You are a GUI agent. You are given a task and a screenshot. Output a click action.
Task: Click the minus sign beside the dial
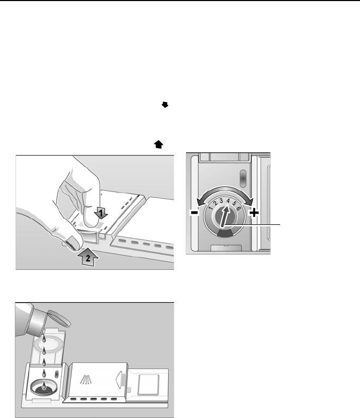click(x=195, y=213)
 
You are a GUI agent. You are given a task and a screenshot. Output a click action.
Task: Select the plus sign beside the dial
click(x=254, y=213)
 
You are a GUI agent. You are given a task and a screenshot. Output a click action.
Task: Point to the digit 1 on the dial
click(x=211, y=207)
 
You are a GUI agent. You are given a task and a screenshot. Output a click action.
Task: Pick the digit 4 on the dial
click(x=228, y=201)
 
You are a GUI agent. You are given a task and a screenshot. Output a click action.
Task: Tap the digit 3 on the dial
click(x=221, y=201)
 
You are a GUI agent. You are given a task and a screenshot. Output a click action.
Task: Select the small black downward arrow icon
click(x=165, y=105)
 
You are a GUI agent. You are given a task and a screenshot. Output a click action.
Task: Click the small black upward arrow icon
click(x=159, y=144)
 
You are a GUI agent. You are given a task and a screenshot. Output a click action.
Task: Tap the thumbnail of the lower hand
click(x=73, y=243)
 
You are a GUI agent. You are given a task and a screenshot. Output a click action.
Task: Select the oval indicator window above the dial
click(x=243, y=178)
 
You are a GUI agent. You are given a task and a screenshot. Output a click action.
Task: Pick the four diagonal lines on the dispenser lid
click(x=86, y=379)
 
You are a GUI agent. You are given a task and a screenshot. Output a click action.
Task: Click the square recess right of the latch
click(x=149, y=385)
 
